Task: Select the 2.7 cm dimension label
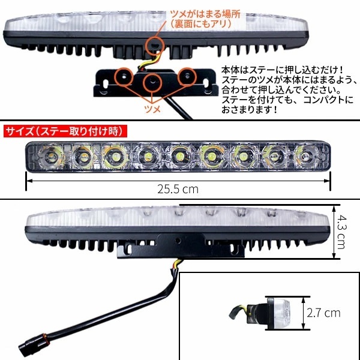tap(323, 313)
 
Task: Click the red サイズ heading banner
tap(66, 130)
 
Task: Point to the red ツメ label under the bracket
tap(154, 110)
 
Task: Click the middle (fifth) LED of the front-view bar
tap(178, 158)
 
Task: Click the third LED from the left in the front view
tap(113, 158)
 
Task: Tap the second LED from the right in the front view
tap(274, 158)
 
